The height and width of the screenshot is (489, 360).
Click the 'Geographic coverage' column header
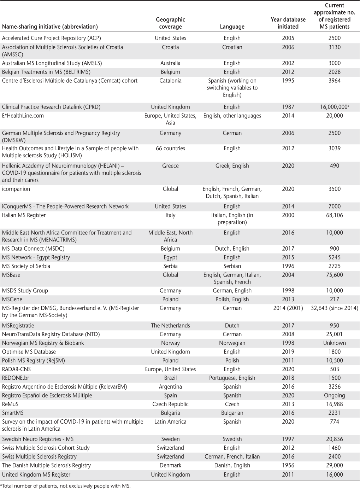pyautogui.click(x=170, y=23)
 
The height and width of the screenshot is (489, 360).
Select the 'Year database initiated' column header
pyautogui.click(x=288, y=23)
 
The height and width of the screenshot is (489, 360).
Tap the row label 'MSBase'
pyautogui.click(x=11, y=275)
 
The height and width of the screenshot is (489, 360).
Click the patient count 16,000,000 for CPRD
pyautogui.click(x=334, y=107)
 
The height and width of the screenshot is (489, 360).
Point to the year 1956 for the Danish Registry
pyautogui.click(x=288, y=465)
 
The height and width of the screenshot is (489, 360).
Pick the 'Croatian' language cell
pyautogui.click(x=232, y=47)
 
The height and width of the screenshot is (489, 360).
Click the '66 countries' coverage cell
pyautogui.click(x=170, y=148)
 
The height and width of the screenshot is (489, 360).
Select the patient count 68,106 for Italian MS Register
pyautogui.click(x=334, y=215)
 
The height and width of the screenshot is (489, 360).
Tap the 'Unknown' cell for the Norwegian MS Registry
pyautogui.click(x=334, y=343)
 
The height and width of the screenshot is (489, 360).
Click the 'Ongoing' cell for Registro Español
pyautogui.click(x=334, y=395)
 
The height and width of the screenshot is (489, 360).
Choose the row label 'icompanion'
pyautogui.click(x=16, y=189)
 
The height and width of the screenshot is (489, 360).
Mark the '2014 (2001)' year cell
pyautogui.click(x=288, y=308)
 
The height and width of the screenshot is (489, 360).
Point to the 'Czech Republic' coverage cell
pyautogui.click(x=170, y=404)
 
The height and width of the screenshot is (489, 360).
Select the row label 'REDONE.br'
pyautogui.click(x=16, y=378)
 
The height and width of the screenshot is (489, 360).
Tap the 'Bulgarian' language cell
pyautogui.click(x=232, y=413)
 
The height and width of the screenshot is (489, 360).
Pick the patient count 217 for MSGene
pyautogui.click(x=334, y=299)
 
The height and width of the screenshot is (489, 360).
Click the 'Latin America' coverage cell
pyautogui.click(x=170, y=421)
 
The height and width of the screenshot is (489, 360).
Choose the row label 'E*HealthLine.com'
pyautogui.click(x=23, y=116)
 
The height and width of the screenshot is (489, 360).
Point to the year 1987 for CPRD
pyautogui.click(x=288, y=107)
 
